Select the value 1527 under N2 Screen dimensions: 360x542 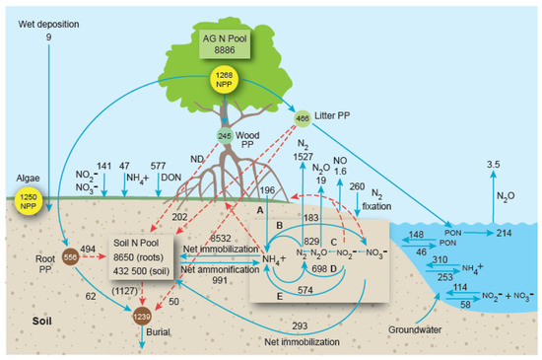click(304, 158)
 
